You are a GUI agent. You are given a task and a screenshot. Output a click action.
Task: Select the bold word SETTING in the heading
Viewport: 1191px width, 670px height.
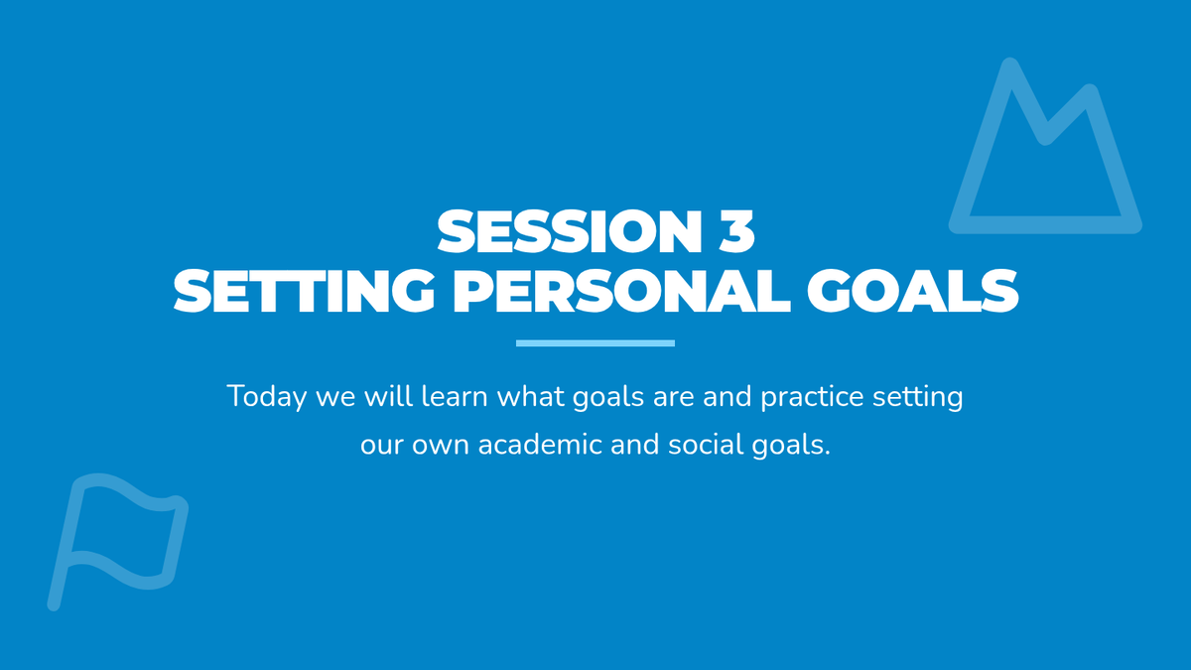(304, 291)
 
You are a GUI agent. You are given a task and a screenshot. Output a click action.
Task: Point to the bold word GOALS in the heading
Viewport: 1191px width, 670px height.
(912, 291)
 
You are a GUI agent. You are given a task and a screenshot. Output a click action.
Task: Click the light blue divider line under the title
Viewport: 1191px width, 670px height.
(595, 343)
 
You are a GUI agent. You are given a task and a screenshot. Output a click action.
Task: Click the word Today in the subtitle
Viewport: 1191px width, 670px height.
(267, 398)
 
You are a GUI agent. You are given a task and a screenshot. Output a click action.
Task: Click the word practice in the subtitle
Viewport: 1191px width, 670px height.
(812, 398)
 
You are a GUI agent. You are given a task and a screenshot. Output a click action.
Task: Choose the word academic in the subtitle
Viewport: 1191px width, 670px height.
(540, 445)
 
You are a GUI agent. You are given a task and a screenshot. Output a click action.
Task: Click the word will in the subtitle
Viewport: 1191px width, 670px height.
(389, 396)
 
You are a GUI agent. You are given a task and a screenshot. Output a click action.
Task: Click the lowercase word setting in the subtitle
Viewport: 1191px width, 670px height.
(918, 398)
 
